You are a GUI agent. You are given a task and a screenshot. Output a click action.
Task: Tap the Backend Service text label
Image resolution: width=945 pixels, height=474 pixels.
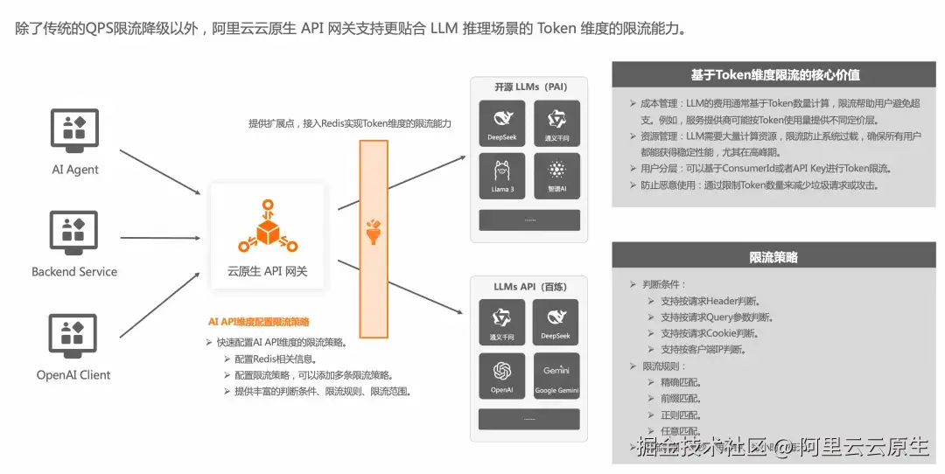tap(74, 272)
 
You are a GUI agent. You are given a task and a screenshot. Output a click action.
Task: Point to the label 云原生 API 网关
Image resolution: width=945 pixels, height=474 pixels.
tap(268, 272)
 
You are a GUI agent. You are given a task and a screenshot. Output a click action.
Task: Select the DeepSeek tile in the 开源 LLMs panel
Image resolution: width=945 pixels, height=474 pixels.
tap(502, 123)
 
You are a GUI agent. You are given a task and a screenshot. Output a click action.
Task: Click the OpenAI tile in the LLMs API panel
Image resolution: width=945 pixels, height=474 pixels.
tap(502, 375)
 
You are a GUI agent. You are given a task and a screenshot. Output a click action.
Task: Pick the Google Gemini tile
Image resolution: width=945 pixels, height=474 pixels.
tap(557, 375)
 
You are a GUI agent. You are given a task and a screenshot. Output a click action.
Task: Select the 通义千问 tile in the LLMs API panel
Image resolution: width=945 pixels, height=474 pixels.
tap(502, 322)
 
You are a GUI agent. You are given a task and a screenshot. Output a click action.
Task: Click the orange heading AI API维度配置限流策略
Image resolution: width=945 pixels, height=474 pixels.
tap(259, 322)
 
